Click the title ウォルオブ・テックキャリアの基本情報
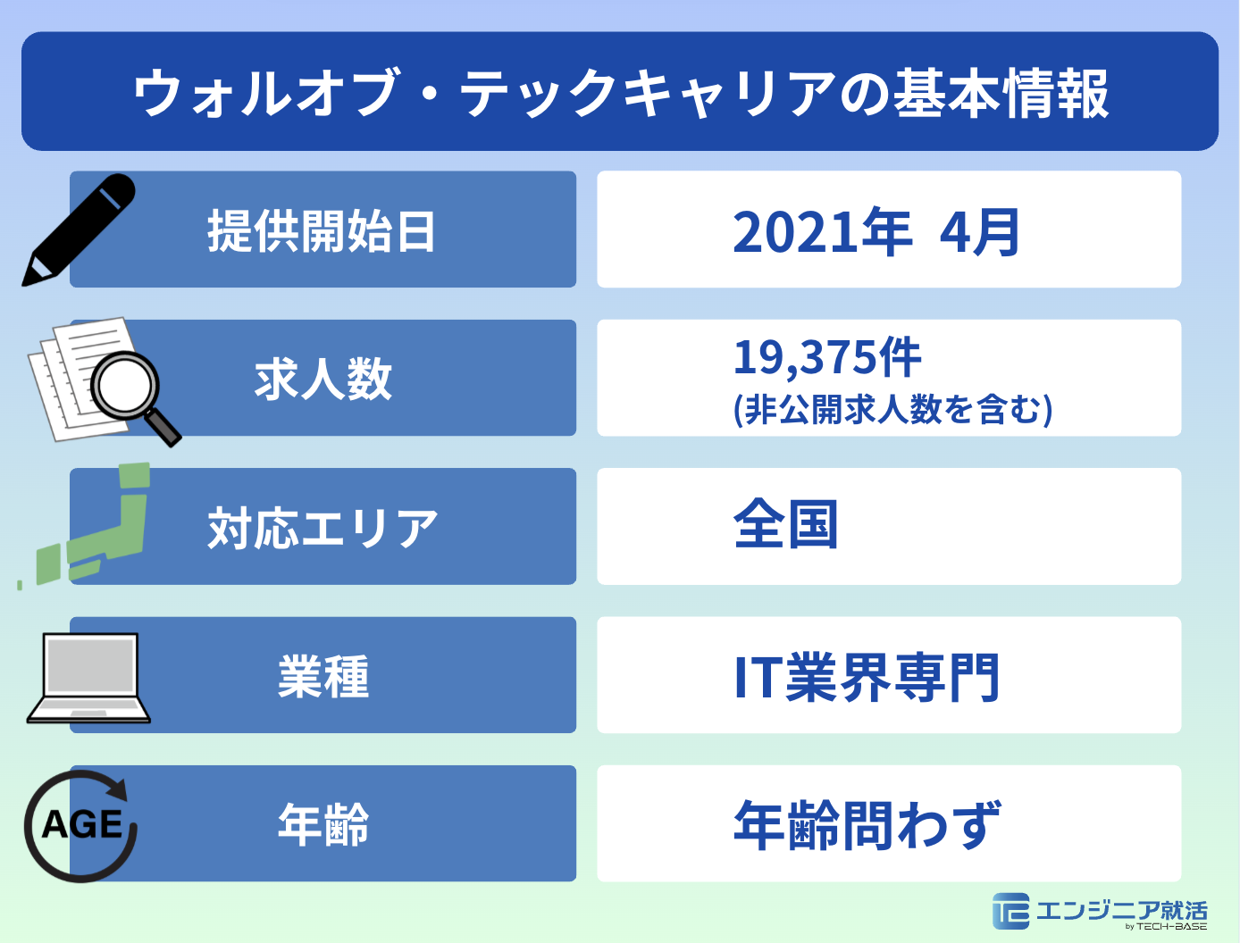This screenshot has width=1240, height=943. [620, 93]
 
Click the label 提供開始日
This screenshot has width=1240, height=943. [322, 231]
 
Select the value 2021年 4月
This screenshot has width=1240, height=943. [876, 232]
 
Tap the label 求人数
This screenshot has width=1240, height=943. [323, 379]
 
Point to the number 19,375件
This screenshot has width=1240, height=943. [827, 357]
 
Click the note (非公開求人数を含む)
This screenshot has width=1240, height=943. [892, 410]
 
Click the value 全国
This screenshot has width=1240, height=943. [786, 525]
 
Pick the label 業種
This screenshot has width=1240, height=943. [323, 676]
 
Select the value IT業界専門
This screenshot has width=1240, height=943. [866, 677]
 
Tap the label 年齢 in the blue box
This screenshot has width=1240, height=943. [323, 824]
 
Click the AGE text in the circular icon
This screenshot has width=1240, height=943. [82, 824]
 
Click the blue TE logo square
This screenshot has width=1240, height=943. [1010, 911]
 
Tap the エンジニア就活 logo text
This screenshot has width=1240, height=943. [1122, 910]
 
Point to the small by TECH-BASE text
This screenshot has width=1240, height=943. [1166, 927]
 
